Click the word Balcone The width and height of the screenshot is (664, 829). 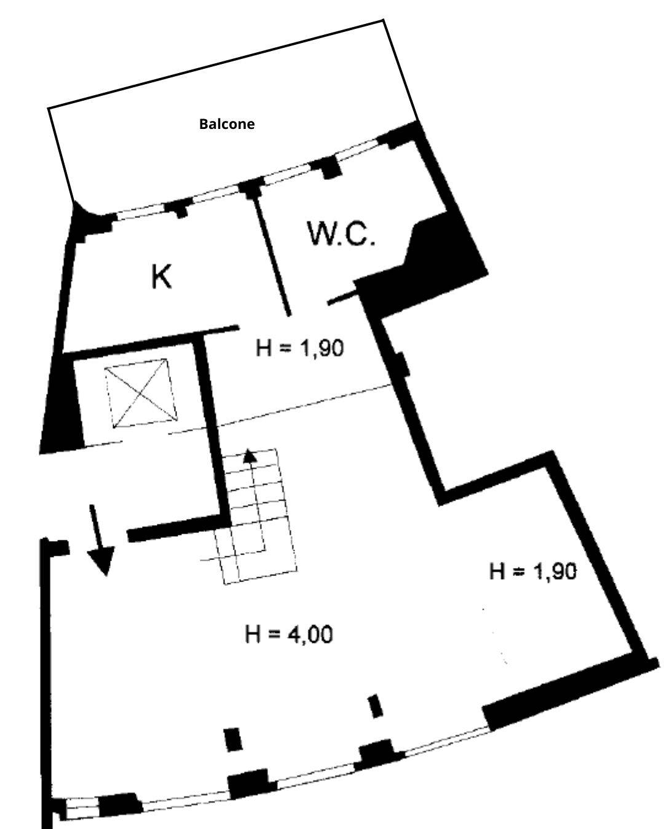point(226,124)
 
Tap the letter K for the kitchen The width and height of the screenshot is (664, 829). point(161,276)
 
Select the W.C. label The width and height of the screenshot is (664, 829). point(341,233)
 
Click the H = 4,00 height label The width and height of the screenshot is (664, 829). point(288,634)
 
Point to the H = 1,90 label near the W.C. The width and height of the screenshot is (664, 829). point(300,348)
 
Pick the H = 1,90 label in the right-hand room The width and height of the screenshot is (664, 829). point(533,571)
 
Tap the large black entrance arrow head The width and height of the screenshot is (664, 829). point(101,561)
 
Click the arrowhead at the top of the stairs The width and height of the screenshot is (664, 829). point(250,456)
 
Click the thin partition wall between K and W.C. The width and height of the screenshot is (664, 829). point(272,254)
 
